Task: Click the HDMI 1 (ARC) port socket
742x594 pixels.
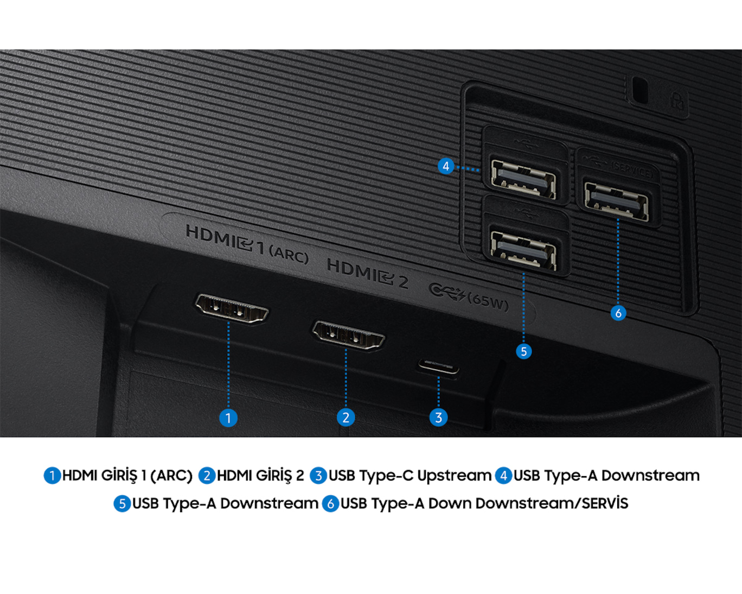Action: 232,308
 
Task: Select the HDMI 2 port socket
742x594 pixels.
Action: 348,335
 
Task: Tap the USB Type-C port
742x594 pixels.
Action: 438,366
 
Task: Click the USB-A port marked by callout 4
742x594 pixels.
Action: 523,179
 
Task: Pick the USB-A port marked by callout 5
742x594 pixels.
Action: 523,250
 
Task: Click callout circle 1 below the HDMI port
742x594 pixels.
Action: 228,418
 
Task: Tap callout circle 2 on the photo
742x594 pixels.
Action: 346,418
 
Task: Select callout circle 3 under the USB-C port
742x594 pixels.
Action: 438,418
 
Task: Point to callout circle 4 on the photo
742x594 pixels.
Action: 446,166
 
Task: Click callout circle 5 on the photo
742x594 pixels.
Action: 524,351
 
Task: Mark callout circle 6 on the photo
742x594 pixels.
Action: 618,313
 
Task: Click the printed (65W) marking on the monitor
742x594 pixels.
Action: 488,302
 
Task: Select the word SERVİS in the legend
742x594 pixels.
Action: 605,503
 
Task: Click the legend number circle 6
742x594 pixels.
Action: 330,504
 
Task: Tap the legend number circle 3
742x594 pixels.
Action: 318,476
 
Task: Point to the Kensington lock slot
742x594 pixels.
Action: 639,90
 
